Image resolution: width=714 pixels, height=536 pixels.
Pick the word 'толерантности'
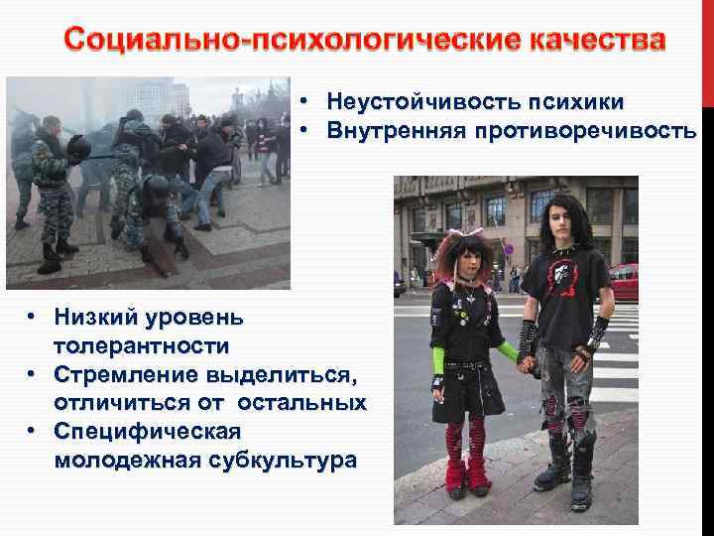(142, 346)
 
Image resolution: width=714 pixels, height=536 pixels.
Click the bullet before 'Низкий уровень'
(33, 318)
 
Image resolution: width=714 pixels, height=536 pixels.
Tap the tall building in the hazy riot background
(154, 99)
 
